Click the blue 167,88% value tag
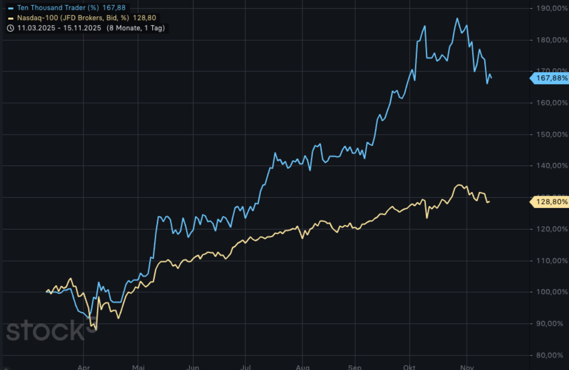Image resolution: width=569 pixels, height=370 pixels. (x=550, y=78)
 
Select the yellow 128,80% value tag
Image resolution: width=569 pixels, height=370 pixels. (x=550, y=202)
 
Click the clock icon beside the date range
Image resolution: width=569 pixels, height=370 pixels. (x=10, y=28)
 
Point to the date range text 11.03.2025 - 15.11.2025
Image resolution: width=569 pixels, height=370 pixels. (x=59, y=28)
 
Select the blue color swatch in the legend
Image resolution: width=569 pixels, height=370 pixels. (x=11, y=8)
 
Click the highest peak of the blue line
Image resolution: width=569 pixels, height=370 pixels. (x=457, y=18)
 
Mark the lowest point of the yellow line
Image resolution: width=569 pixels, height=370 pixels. (x=96, y=330)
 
